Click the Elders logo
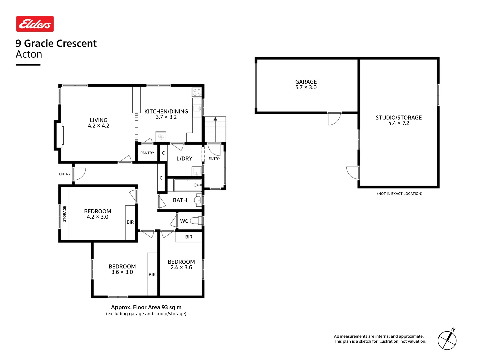35,24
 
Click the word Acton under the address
29,54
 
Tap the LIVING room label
99,120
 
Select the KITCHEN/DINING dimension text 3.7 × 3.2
166,117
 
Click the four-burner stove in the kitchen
197,92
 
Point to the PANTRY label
147,153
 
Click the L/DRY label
184,159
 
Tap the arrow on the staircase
215,119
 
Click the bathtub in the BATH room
188,185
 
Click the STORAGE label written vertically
65,214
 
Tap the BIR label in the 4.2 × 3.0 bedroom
130,222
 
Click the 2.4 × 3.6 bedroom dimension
181,267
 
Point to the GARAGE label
306,82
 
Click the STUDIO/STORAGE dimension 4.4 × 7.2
399,123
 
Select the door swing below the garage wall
334,119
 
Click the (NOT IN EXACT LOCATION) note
400,194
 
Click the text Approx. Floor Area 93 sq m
146,307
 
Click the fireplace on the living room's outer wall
59,135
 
